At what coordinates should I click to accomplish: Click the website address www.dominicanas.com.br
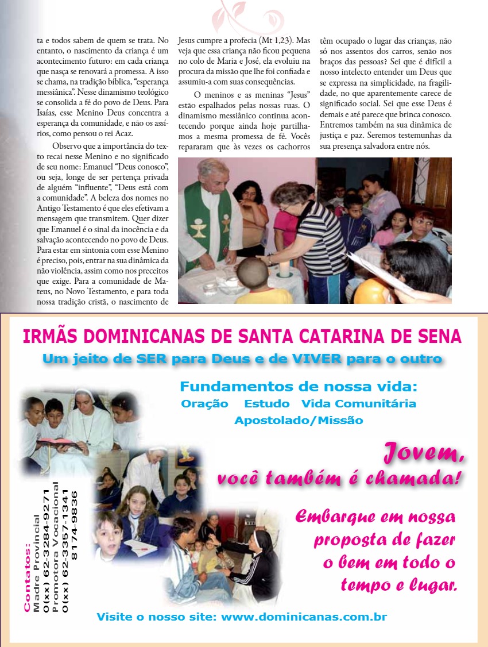tap(304, 617)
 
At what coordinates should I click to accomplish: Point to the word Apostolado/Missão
tap(299, 420)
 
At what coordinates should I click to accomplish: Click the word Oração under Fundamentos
tap(204, 403)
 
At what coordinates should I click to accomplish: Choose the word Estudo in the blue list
tap(265, 403)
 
